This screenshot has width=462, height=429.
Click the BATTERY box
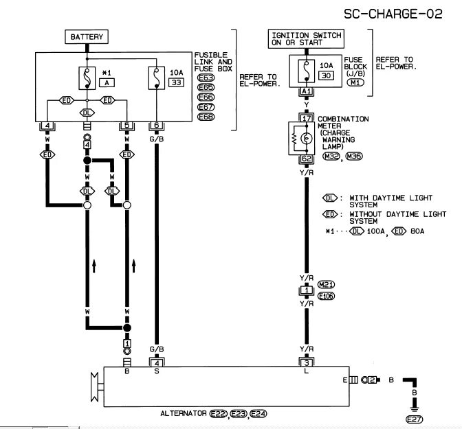(x=87, y=37)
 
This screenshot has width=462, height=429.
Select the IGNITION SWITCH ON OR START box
(x=306, y=38)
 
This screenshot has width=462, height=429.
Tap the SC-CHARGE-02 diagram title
(x=393, y=14)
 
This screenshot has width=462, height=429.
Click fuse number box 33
(x=176, y=82)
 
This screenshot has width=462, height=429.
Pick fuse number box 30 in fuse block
(x=326, y=76)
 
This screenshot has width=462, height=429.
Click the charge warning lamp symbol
(x=307, y=138)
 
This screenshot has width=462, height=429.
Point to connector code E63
(x=206, y=78)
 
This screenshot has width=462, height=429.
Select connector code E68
(x=206, y=117)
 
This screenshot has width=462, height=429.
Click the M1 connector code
(x=355, y=82)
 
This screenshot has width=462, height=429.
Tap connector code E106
(x=327, y=296)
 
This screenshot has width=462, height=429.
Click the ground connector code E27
(x=415, y=419)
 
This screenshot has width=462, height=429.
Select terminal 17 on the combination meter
(x=307, y=118)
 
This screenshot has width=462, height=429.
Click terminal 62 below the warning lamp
(x=307, y=159)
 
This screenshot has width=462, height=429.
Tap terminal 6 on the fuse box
(x=157, y=125)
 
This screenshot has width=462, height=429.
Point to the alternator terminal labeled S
(x=157, y=371)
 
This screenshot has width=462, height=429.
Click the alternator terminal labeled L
(x=307, y=371)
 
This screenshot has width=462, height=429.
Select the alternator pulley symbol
(x=94, y=386)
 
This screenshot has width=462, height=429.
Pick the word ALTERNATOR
(x=184, y=413)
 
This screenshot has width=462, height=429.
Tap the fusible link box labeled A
(x=107, y=82)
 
